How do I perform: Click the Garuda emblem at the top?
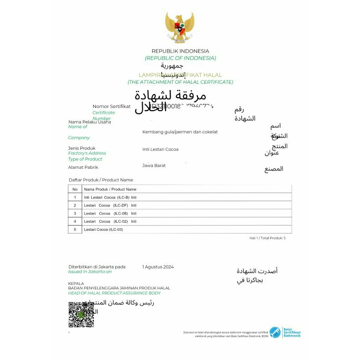(x=180, y=28)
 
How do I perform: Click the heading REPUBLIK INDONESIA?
(x=180, y=51)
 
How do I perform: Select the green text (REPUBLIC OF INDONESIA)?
(x=180, y=58)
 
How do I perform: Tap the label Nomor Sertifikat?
(x=112, y=106)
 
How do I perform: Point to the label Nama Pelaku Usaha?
(x=90, y=122)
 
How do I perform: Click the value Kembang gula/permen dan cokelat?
(x=180, y=132)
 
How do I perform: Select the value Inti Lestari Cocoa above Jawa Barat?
(x=160, y=149)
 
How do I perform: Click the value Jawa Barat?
(x=154, y=166)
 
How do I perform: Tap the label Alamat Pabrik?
(x=83, y=167)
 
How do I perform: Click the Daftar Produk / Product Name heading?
(x=101, y=180)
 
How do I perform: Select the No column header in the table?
(x=75, y=189)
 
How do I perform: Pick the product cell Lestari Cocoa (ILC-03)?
(x=103, y=229)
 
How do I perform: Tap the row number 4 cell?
(x=75, y=221)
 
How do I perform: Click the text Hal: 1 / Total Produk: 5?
(x=267, y=238)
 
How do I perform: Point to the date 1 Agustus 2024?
(x=158, y=267)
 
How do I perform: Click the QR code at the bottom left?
(x=81, y=315)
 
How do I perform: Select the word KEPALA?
(x=76, y=283)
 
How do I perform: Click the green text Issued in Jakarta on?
(x=90, y=272)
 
